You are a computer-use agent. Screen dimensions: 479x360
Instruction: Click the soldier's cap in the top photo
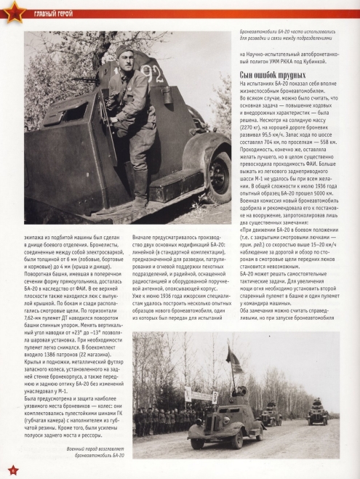pos(125,51)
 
